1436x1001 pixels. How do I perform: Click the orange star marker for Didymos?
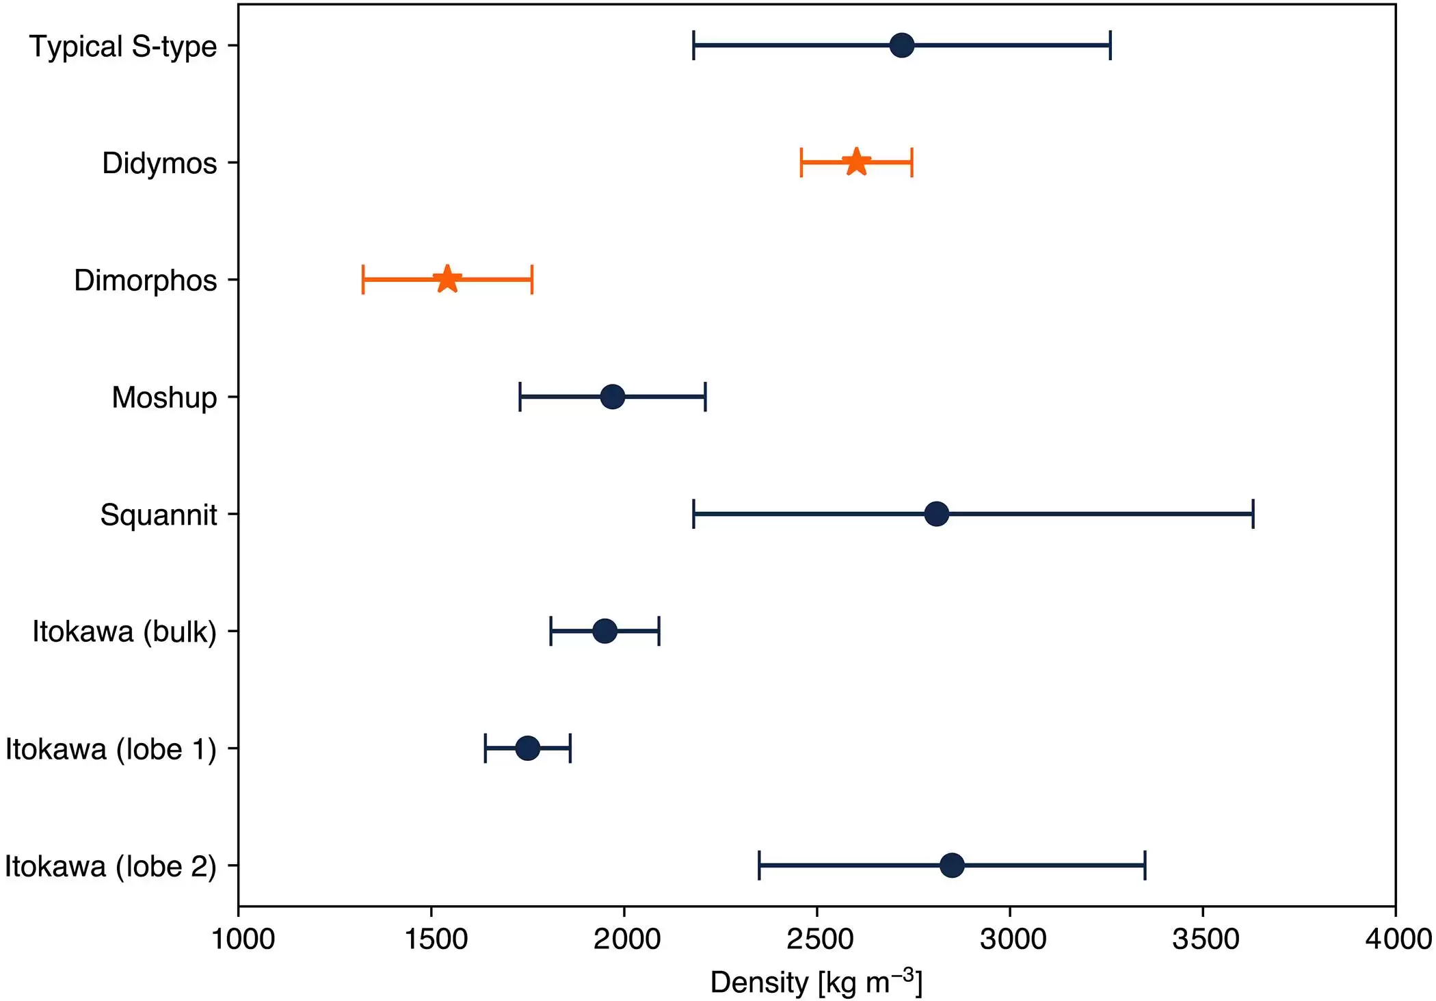[856, 162]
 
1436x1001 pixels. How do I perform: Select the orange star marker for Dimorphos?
[447, 279]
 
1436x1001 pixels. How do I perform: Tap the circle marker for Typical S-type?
[902, 45]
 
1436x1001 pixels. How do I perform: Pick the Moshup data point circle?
[612, 397]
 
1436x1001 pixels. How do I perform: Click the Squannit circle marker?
[936, 514]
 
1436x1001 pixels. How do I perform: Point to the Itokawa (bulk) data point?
[604, 631]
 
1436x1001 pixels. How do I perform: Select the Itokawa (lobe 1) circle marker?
[527, 748]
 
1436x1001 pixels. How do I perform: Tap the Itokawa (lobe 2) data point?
[952, 866]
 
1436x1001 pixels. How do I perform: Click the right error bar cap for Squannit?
[1253, 514]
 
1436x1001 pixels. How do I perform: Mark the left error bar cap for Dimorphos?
[363, 279]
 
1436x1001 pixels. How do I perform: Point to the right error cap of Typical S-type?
[1110, 45]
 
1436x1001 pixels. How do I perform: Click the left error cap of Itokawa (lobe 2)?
[759, 866]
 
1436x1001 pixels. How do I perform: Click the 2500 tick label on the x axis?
[819, 939]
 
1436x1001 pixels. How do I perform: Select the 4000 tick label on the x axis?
[1398, 939]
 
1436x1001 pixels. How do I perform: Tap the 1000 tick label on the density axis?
[243, 939]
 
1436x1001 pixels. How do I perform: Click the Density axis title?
[816, 983]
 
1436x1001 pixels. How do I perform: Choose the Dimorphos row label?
[145, 281]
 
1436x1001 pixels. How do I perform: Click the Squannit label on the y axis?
[158, 515]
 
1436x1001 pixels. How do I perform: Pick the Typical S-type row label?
[123, 47]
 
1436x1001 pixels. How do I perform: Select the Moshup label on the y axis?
[164, 398]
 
